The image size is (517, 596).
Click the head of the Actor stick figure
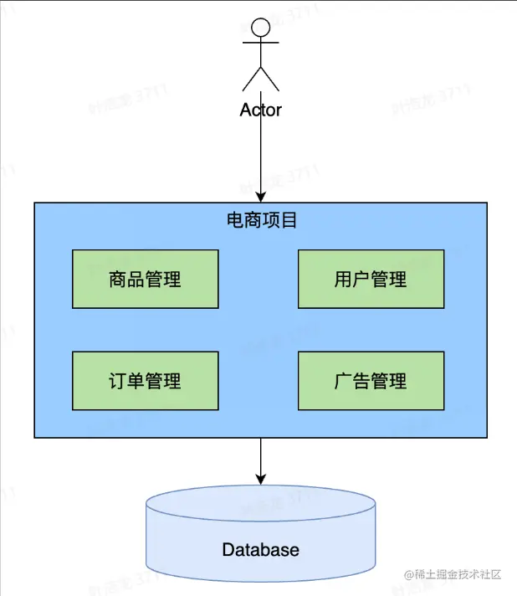tap(261, 28)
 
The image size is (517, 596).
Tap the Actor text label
tap(261, 110)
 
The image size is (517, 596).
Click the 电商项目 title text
tap(262, 221)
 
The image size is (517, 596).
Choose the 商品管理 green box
tap(146, 279)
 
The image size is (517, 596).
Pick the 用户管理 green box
tap(371, 279)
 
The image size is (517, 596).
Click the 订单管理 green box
tap(146, 380)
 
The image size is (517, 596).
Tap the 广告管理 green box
tap(371, 380)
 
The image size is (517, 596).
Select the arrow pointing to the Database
tap(261, 459)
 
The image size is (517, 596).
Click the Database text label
tap(260, 550)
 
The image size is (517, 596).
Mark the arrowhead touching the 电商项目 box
tap(261, 197)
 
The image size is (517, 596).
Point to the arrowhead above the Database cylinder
tap(261, 479)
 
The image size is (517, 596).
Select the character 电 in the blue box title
tap(236, 221)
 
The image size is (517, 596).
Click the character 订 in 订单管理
tap(118, 380)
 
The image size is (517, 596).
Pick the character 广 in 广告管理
tap(343, 380)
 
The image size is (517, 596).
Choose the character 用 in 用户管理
tap(343, 279)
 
